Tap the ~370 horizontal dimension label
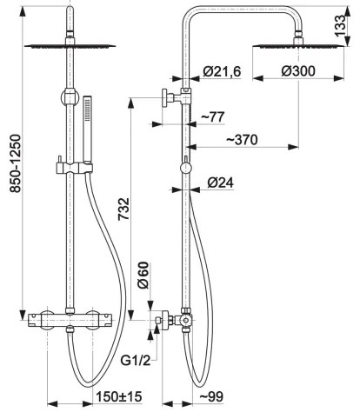point(246,139)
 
